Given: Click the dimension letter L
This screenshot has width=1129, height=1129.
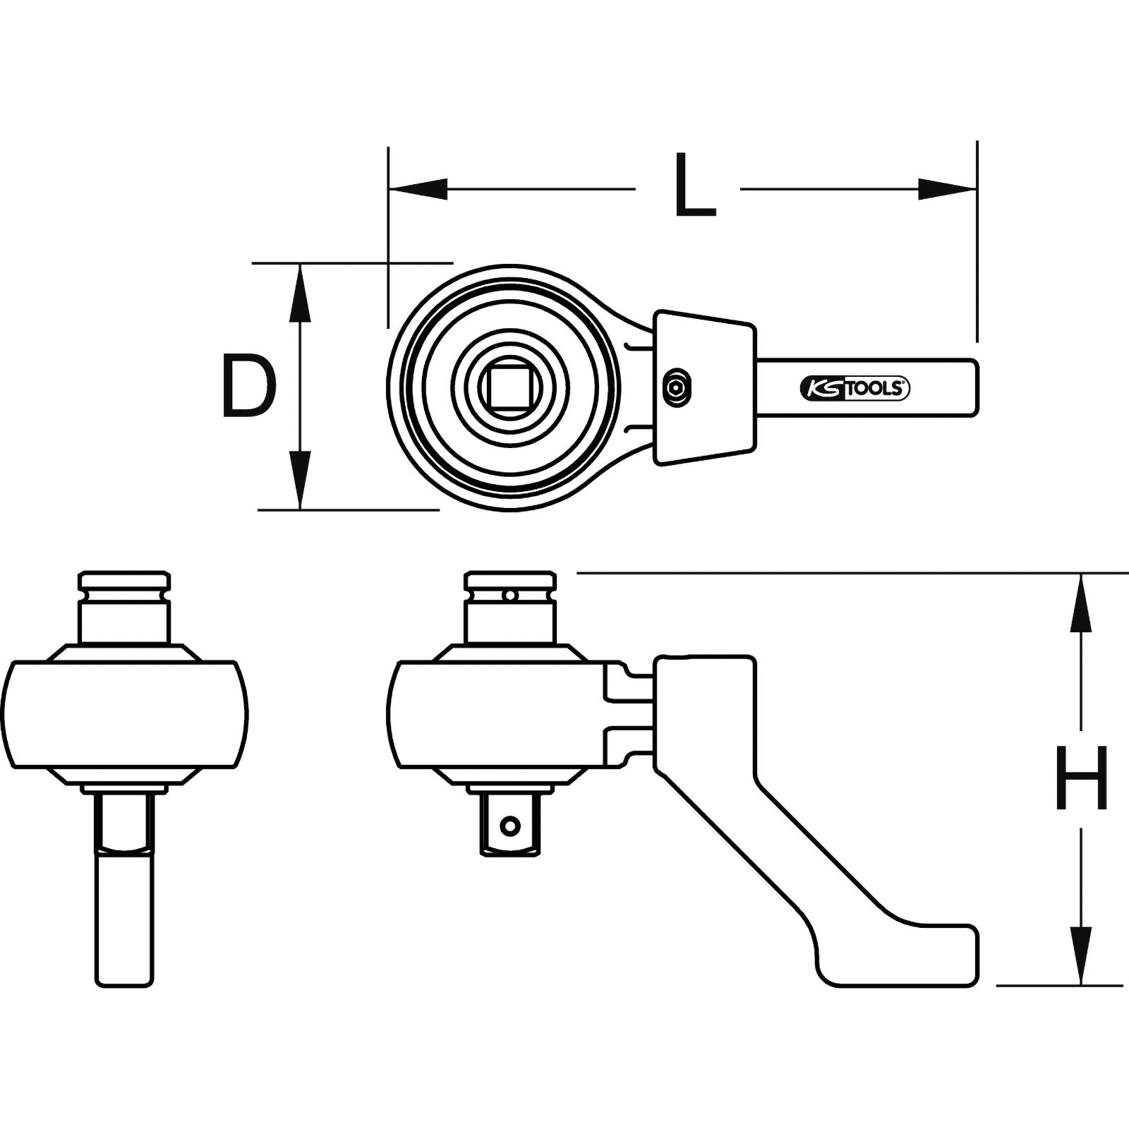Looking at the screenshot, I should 694,186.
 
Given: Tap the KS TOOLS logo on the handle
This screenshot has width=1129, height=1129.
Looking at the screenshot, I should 855,388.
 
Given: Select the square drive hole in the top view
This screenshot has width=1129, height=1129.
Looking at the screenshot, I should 509,387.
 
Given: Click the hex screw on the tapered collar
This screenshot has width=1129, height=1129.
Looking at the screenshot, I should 677,387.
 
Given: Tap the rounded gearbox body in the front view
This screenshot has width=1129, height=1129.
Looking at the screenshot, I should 124,713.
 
